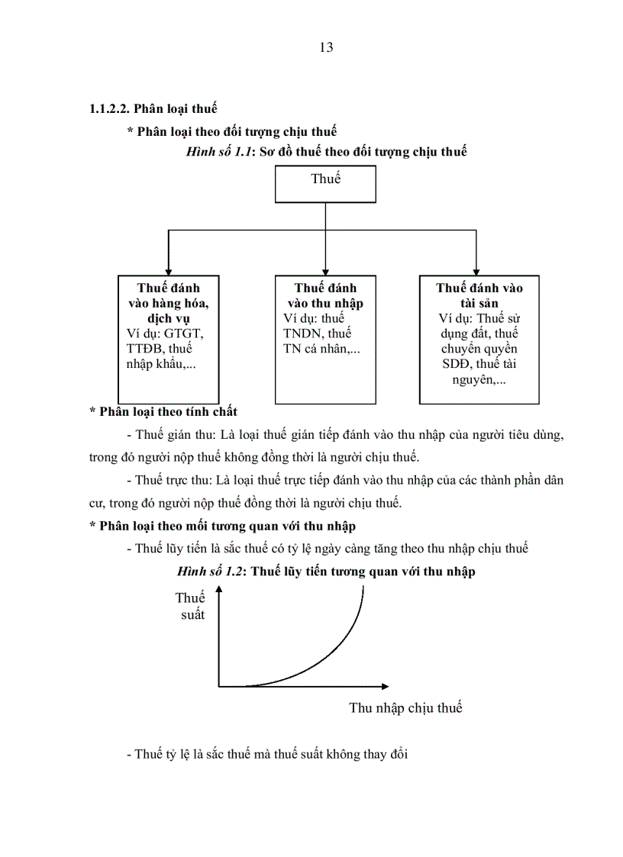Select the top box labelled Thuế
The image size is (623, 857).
point(325,185)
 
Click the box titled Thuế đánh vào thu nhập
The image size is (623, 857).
point(325,339)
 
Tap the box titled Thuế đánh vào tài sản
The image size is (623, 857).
point(479,339)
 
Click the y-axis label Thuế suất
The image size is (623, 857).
point(191,606)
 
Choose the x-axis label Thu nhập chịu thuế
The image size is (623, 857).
point(405,707)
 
